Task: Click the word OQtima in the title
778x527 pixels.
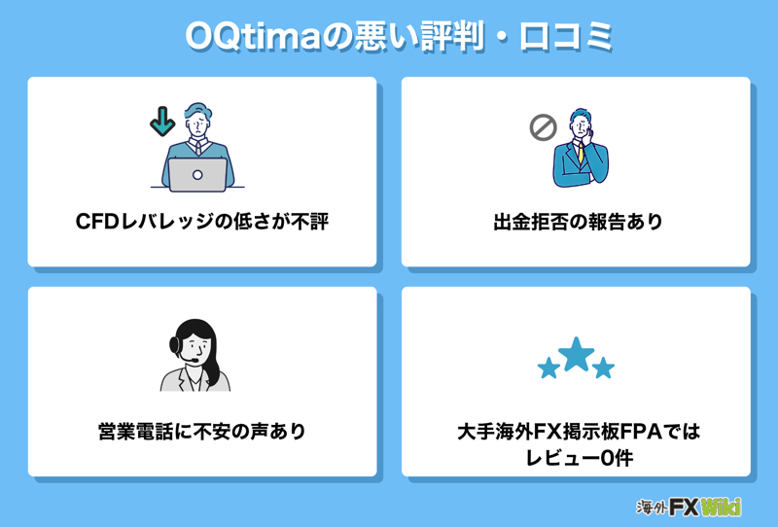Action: coord(253,36)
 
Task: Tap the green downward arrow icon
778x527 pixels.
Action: coord(162,122)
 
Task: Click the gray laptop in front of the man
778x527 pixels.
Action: coord(197,175)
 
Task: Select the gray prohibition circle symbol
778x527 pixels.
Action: coord(543,127)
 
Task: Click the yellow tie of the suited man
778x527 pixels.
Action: coord(581,153)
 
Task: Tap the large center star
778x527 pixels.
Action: coord(576,354)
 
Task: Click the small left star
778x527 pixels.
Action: coord(548,369)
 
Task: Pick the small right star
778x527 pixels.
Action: coord(603,368)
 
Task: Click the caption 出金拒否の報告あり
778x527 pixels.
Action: coord(578,222)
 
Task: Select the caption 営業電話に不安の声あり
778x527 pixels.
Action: coord(201,432)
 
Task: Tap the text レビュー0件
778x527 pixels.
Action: coord(579,458)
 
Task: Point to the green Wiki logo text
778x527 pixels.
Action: coord(722,508)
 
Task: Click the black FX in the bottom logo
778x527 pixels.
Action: coord(685,508)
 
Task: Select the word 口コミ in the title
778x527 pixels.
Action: coord(566,36)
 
